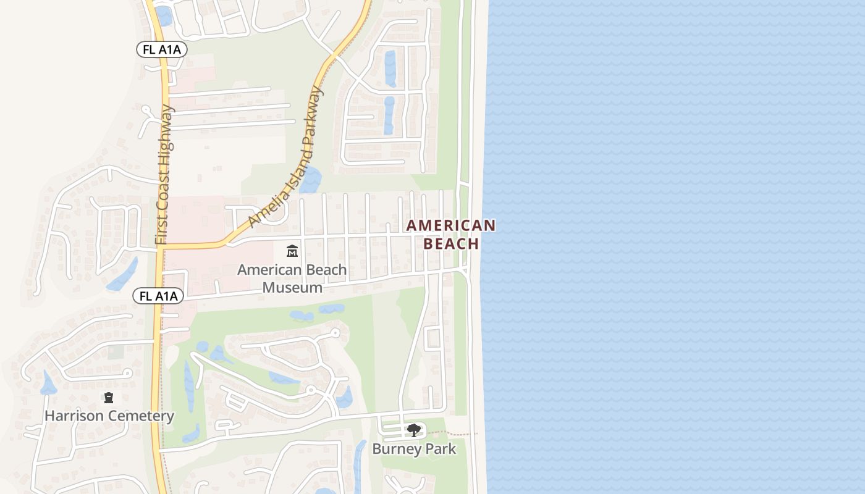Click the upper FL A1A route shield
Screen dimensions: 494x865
click(162, 50)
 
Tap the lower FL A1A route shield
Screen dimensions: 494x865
click(158, 296)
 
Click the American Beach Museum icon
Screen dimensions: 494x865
click(292, 251)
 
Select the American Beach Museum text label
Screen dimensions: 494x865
click(292, 278)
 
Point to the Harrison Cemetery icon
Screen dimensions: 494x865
click(109, 398)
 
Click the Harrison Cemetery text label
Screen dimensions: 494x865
click(109, 416)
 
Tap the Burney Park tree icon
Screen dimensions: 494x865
click(413, 430)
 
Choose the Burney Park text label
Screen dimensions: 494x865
click(414, 449)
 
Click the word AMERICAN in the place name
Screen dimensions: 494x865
click(451, 225)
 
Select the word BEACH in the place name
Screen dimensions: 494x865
click(451, 243)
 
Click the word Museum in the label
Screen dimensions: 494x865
click(292, 287)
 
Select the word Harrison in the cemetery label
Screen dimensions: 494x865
click(74, 416)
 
